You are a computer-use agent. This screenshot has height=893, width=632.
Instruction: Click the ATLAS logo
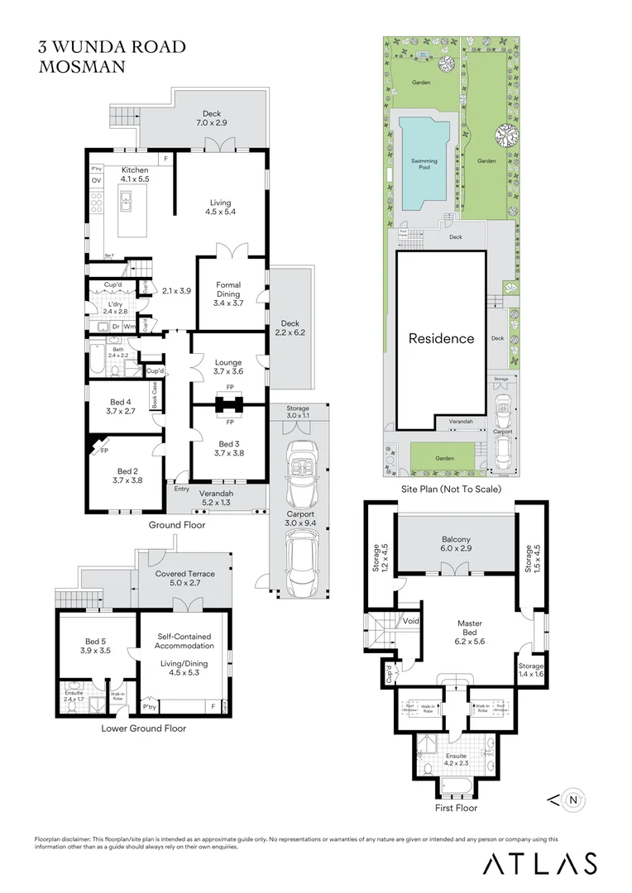(539, 863)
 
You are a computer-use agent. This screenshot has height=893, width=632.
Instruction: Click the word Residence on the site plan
(441, 338)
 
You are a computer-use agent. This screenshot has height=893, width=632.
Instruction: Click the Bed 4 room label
(120, 406)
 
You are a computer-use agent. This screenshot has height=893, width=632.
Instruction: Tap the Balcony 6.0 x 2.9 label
(457, 543)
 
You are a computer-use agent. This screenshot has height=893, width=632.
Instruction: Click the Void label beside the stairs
(410, 620)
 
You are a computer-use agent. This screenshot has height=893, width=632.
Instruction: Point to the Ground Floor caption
(176, 524)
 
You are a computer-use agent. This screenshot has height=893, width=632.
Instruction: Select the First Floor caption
(456, 807)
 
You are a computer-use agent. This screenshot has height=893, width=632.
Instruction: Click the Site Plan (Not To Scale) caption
(450, 489)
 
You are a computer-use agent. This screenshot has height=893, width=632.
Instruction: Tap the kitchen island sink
(128, 200)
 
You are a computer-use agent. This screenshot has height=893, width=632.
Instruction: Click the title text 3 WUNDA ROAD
(113, 47)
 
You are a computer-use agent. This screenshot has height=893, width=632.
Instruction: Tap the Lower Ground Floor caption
(143, 728)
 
